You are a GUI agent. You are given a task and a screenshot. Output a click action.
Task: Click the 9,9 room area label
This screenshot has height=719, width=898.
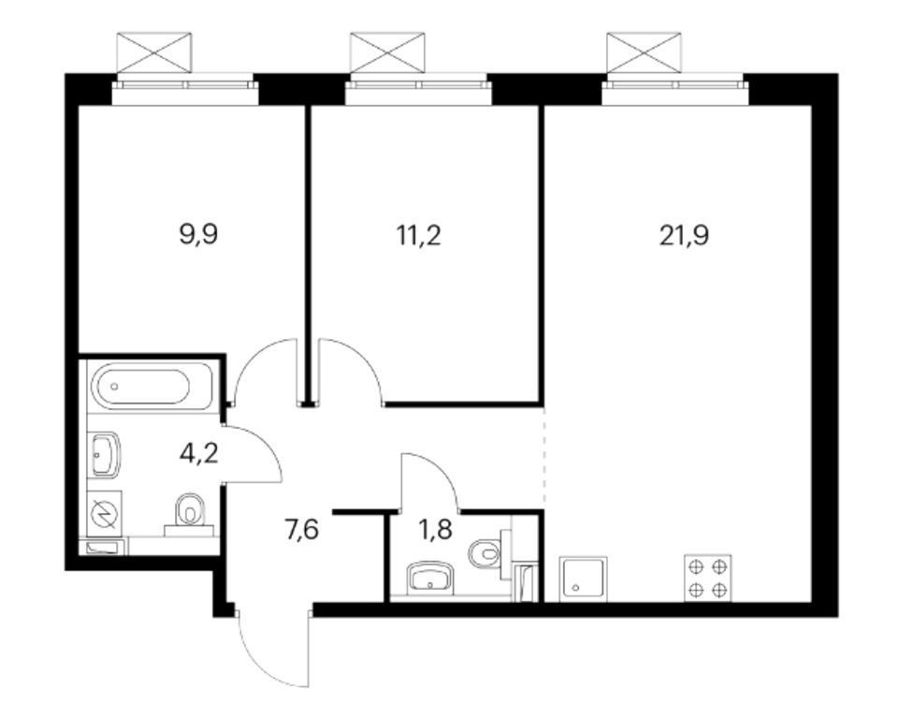(x=198, y=235)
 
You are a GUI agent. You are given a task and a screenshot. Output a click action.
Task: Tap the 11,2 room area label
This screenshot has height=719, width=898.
(x=419, y=235)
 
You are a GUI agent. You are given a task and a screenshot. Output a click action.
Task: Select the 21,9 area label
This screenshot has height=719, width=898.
(x=684, y=235)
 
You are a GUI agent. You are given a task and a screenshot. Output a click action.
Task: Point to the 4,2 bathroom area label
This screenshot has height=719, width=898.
(x=198, y=454)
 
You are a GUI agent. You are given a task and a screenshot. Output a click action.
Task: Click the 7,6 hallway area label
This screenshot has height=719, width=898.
(x=302, y=531)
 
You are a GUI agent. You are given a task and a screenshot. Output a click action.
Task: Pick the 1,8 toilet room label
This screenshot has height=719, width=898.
(x=435, y=531)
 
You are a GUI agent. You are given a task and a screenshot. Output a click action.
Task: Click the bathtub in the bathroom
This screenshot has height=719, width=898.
(x=152, y=387)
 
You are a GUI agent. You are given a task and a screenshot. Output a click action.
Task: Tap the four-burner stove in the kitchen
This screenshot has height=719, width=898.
(x=708, y=578)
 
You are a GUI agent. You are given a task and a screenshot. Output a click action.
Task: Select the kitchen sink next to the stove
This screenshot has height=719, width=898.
(x=583, y=578)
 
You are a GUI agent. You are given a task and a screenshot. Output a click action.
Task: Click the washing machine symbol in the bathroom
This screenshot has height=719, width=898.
(x=104, y=513)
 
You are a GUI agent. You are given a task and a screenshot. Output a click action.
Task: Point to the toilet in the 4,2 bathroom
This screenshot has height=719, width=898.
(x=190, y=514)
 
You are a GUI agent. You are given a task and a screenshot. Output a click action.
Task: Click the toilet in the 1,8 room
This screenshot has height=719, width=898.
(x=489, y=553)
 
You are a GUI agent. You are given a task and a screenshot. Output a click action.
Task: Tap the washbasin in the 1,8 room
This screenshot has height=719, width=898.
(x=430, y=580)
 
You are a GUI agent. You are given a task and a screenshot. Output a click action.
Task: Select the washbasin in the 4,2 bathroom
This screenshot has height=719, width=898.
(x=104, y=454)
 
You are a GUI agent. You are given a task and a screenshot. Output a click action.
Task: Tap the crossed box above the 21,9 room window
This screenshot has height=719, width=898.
(x=644, y=52)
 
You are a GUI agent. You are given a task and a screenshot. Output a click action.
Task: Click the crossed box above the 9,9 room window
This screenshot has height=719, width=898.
(x=154, y=52)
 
